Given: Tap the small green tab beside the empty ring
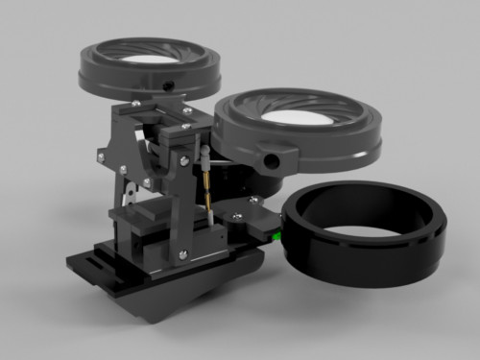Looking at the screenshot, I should pyautogui.click(x=277, y=231).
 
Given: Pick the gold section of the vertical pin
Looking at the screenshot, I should pyautogui.click(x=207, y=187).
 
